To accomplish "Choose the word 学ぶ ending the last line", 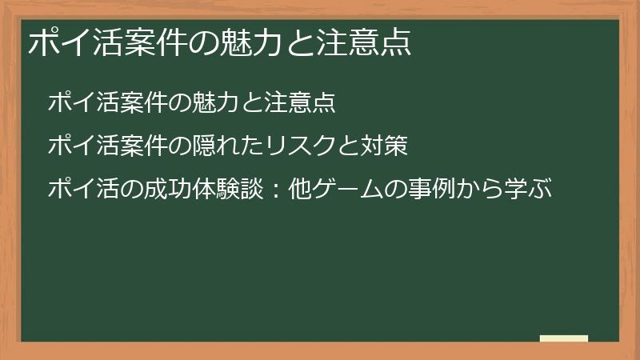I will (529, 190).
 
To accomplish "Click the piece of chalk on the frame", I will (564, 339).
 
